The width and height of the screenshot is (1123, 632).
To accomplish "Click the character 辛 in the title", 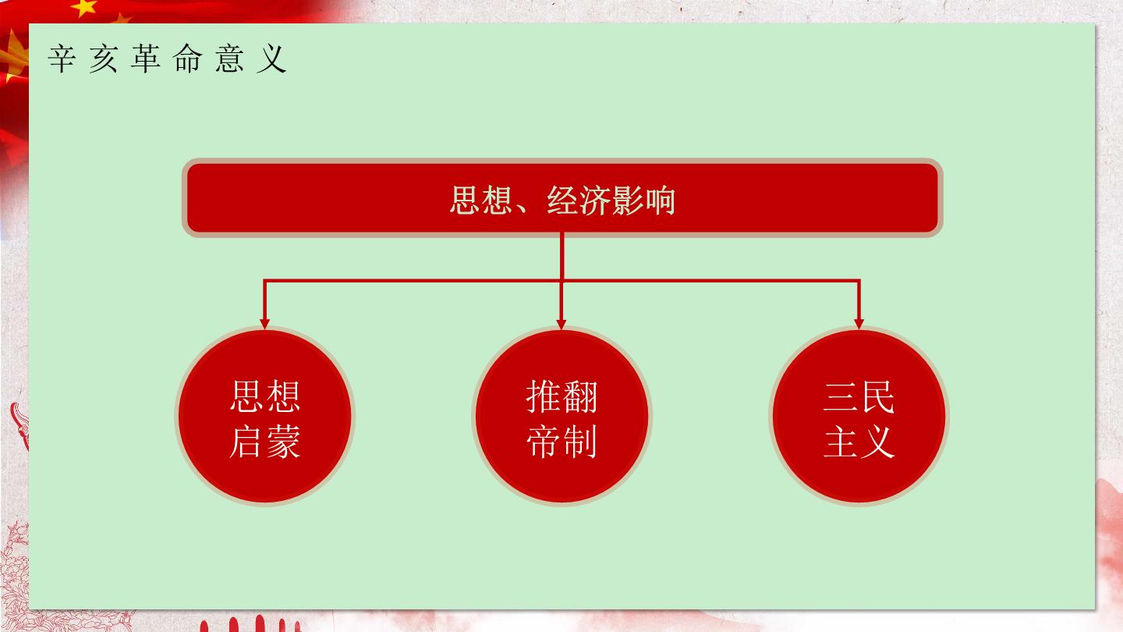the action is pyautogui.click(x=62, y=59).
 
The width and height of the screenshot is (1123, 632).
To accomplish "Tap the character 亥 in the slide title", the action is pyautogui.click(x=104, y=59).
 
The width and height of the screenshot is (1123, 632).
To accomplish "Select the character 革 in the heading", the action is pyautogui.click(x=146, y=59).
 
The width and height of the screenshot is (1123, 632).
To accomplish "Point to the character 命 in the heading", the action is pyautogui.click(x=187, y=59).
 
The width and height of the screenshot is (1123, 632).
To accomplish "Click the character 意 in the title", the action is pyautogui.click(x=229, y=59).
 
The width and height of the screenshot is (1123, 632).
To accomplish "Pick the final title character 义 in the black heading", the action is pyautogui.click(x=271, y=59).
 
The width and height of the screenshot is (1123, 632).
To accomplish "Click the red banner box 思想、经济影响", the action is pyautogui.click(x=562, y=198).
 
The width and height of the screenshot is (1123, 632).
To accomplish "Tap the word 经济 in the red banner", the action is pyautogui.click(x=578, y=200).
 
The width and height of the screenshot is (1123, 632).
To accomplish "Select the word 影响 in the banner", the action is pyautogui.click(x=643, y=200).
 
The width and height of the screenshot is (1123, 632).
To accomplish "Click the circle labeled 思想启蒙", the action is pyautogui.click(x=264, y=416).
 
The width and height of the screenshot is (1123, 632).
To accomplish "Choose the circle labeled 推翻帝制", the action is pyautogui.click(x=561, y=416).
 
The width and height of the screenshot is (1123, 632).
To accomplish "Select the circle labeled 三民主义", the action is pyautogui.click(x=859, y=416).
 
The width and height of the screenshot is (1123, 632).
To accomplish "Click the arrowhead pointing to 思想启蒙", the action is pyautogui.click(x=264, y=324).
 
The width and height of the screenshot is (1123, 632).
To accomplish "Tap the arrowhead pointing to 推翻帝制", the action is pyautogui.click(x=561, y=324).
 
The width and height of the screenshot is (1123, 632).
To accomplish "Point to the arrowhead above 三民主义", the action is pyautogui.click(x=859, y=324).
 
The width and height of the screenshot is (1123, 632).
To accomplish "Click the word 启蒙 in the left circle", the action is pyautogui.click(x=264, y=442).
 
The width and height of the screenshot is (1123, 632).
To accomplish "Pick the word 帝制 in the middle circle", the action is pyautogui.click(x=561, y=442).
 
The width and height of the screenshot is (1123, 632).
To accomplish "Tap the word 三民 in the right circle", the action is pyautogui.click(x=859, y=396).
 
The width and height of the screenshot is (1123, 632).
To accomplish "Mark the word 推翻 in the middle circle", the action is pyautogui.click(x=561, y=396).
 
